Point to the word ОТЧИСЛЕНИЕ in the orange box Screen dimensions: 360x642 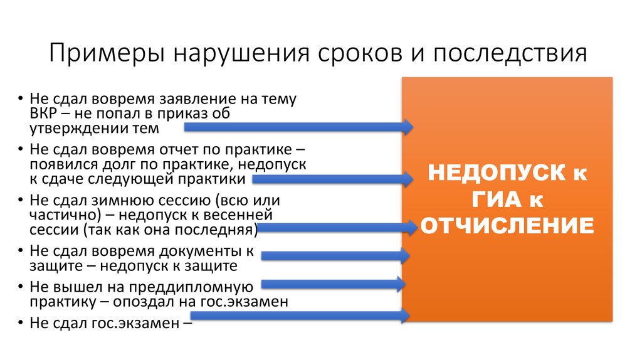pos(507,225)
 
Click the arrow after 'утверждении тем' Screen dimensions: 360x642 pos(298,127)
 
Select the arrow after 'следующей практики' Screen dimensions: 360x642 pos(332,179)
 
